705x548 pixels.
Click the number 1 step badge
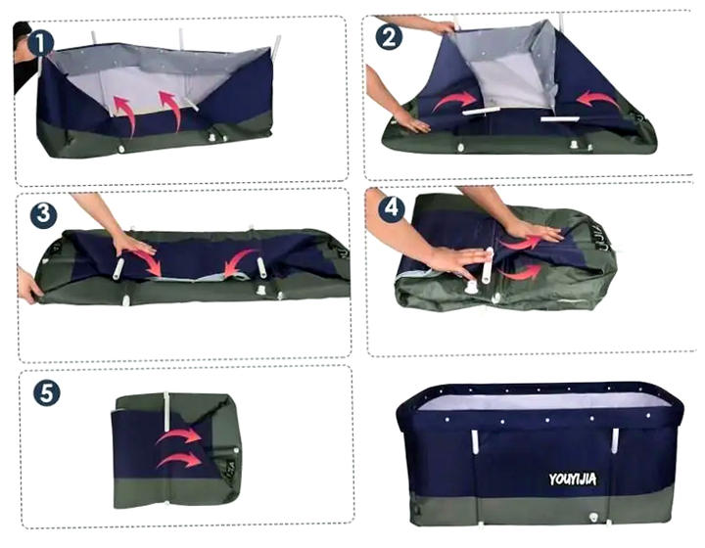coord(41,44)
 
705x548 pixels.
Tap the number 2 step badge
coord(389,37)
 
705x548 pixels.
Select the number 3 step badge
coord(44,214)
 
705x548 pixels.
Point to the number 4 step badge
coord(392,208)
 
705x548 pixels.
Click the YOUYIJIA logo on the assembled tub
coord(573,479)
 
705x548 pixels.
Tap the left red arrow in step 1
coord(126,113)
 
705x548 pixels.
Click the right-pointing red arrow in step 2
coord(453,101)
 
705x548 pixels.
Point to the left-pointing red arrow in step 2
coord(598,99)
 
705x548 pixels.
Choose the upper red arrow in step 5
coord(179,435)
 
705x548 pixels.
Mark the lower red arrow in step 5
coord(179,460)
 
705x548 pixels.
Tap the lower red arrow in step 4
coord(520,272)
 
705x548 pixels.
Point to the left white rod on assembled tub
coord(474,441)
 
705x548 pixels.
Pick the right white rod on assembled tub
coord(615,440)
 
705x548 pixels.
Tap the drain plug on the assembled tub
coord(593,518)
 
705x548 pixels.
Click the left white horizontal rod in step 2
coord(481,111)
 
